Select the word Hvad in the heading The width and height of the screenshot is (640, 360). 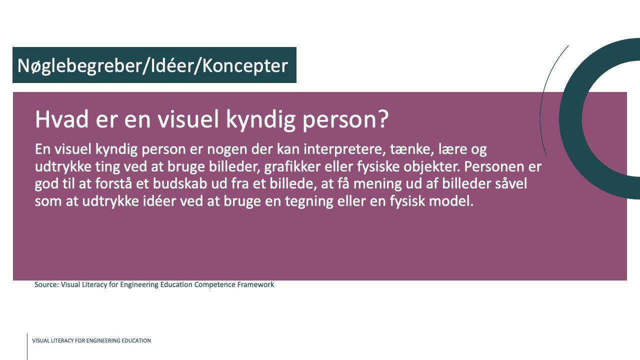(61, 119)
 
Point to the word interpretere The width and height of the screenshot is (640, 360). (342, 149)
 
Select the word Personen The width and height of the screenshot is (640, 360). (494, 167)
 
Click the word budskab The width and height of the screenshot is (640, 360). (179, 183)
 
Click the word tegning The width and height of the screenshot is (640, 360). (309, 201)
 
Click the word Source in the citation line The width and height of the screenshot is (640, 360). (46, 284)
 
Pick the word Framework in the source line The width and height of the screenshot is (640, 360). (255, 284)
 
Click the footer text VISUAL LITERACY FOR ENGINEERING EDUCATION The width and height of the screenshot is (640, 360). (91, 340)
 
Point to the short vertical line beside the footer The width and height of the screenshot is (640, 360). (27, 346)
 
